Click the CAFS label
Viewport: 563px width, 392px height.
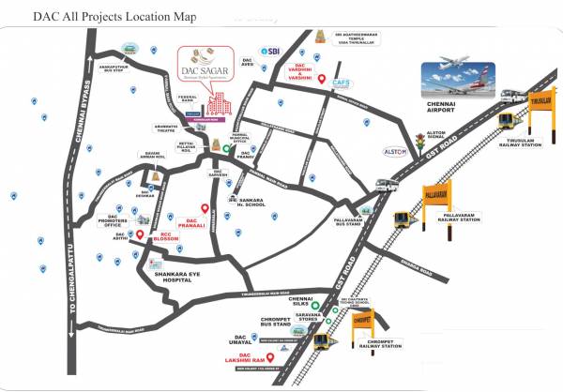341,83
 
